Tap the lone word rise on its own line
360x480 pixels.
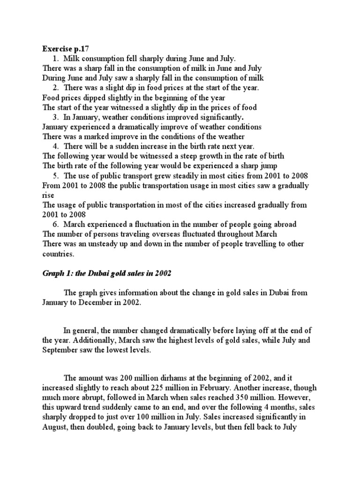48,195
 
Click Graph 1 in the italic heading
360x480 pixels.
57,273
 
